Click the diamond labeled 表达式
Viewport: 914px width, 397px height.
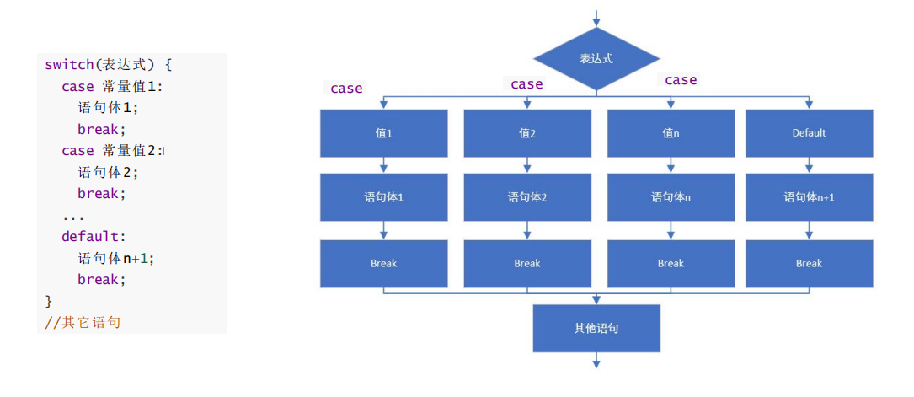point(596,59)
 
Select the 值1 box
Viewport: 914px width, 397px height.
point(383,133)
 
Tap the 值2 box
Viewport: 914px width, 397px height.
point(527,133)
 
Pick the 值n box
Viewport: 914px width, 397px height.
point(671,133)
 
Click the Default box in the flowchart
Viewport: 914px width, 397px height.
point(809,133)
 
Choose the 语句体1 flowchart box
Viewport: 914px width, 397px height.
point(383,197)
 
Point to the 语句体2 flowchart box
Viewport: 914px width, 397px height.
point(527,197)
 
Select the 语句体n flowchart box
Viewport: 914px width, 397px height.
point(671,197)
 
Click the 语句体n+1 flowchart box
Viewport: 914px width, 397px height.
point(809,197)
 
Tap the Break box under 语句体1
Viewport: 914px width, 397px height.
point(383,264)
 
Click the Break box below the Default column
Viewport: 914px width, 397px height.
point(809,264)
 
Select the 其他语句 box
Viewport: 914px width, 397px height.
point(596,328)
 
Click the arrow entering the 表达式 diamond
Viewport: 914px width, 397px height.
point(596,18)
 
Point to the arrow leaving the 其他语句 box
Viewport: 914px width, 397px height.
point(596,360)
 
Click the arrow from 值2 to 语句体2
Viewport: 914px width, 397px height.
point(527,165)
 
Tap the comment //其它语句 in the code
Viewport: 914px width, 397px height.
point(83,322)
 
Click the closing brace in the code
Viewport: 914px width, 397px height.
point(48,302)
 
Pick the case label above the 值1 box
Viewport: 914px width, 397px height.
point(346,89)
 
